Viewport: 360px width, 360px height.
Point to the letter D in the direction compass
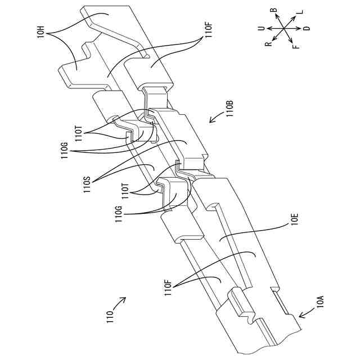coord(306,28)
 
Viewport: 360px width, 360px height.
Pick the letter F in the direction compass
coord(296,44)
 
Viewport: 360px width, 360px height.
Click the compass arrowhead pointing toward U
coord(268,27)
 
